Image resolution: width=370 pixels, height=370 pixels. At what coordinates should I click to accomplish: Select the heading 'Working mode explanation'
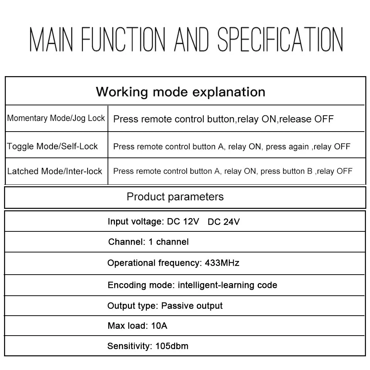[x=180, y=92]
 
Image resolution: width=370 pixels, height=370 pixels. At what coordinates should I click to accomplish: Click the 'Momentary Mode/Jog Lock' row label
[x=56, y=118]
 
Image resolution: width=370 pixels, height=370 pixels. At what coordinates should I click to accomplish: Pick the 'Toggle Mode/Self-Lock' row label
[x=52, y=146]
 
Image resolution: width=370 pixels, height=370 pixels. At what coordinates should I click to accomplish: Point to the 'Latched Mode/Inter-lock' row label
[x=55, y=171]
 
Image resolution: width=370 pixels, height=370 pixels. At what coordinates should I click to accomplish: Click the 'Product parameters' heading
[x=175, y=196]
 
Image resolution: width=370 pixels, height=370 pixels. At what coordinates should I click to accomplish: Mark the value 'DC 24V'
[x=224, y=222]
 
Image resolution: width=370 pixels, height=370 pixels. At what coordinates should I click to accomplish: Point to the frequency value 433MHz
[x=222, y=263]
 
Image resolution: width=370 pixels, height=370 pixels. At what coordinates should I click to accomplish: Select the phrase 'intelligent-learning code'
[x=228, y=285]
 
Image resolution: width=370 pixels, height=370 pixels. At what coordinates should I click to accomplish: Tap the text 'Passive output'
[x=192, y=306]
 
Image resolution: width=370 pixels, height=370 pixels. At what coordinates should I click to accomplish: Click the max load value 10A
[x=159, y=326]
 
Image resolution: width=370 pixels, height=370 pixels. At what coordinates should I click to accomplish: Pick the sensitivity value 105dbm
[x=170, y=346]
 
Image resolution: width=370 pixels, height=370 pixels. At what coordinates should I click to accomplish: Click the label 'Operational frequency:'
[x=154, y=263]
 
